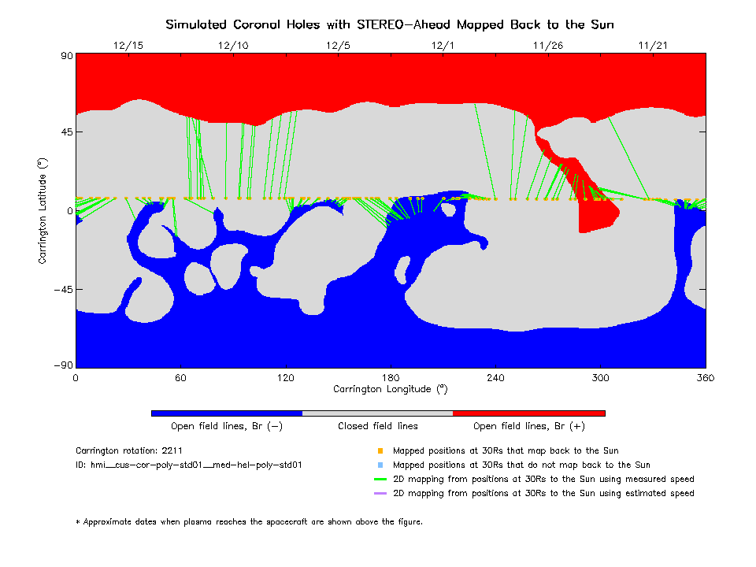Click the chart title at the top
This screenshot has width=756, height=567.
point(390,24)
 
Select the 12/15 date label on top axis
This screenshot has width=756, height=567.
point(128,46)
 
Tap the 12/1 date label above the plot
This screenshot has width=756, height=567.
point(443,46)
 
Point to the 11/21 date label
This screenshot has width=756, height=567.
point(653,46)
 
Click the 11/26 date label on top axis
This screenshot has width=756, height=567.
point(547,46)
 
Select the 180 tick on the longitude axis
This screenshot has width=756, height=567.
point(391,378)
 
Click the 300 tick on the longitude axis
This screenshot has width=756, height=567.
point(601,378)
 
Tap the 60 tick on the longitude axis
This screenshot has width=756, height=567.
point(180,378)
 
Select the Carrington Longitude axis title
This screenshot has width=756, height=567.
point(390,389)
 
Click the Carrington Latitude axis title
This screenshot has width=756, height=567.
point(43,210)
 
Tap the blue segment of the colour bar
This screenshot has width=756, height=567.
point(227,413)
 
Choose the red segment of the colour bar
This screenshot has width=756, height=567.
point(528,413)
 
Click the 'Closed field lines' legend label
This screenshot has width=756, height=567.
point(378,426)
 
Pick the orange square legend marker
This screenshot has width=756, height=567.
point(380,451)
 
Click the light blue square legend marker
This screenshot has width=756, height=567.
point(380,465)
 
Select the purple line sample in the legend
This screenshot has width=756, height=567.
point(380,493)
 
